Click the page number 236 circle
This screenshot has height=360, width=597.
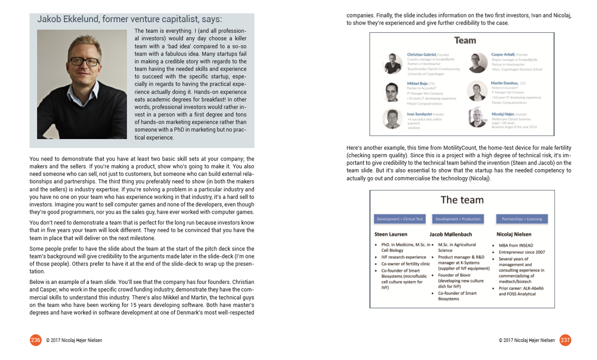(36, 340)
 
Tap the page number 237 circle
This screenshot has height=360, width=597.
(565, 340)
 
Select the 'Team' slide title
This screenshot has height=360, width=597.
(465, 41)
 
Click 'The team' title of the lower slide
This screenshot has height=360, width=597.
(462, 200)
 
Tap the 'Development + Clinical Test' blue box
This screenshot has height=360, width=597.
(399, 219)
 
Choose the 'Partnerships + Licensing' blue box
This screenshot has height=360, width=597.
(522, 219)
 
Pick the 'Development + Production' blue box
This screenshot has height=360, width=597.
(458, 219)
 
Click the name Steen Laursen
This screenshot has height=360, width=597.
(390, 234)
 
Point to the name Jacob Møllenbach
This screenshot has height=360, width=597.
(450, 234)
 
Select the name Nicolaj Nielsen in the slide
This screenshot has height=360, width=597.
(514, 234)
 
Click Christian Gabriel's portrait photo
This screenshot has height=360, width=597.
(392, 63)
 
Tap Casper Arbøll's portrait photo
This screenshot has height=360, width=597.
(478, 63)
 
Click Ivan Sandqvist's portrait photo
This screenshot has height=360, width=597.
(392, 119)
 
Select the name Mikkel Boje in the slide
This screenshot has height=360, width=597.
(417, 84)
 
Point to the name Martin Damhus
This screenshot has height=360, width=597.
(504, 83)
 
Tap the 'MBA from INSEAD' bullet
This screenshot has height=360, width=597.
(515, 245)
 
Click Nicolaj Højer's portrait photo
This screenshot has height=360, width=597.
(478, 118)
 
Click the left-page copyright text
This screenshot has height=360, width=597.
(74, 340)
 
